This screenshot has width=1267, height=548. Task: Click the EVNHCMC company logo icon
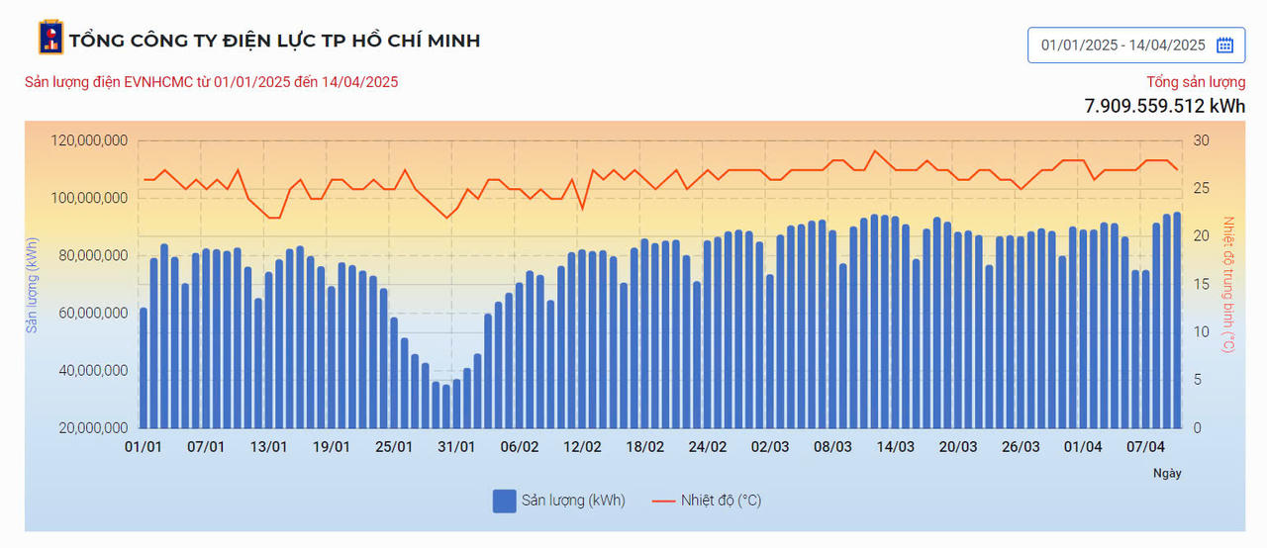[50, 38]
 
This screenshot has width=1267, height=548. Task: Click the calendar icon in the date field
[1224, 45]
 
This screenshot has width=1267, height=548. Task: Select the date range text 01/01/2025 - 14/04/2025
[1122, 45]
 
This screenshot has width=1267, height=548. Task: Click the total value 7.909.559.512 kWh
[1164, 106]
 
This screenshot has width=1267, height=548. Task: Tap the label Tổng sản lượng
[1196, 82]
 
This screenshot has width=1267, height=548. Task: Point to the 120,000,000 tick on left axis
[88, 140]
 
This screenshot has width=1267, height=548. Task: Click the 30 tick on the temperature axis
[1200, 140]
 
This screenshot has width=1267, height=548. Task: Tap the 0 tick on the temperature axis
[1197, 428]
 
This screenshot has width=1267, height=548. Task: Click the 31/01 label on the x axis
[456, 447]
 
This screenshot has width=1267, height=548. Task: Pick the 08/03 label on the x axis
[832, 447]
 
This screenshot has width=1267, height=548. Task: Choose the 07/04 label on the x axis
[1145, 447]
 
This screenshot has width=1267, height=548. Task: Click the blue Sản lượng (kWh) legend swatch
[504, 501]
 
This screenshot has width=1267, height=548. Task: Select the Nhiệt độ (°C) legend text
[721, 501]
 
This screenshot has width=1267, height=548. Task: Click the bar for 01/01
[144, 368]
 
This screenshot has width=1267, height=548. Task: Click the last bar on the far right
[1177, 320]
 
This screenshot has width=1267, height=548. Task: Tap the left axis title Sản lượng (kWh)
[33, 284]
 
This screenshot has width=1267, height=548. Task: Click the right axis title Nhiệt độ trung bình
[1229, 284]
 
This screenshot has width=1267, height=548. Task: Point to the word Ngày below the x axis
[1167, 473]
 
